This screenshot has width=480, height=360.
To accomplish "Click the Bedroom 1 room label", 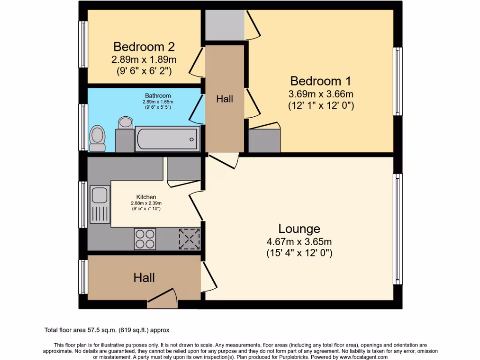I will (x=321, y=81).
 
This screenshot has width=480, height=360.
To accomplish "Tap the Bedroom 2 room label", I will (x=144, y=47).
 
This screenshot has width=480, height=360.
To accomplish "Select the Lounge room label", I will (x=299, y=229).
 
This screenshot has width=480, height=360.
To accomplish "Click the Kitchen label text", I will (x=146, y=197).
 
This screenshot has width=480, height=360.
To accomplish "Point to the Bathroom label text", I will (x=157, y=96).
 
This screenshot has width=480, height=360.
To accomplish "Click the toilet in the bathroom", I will (x=97, y=138).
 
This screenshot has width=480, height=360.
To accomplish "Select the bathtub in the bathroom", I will (x=167, y=139).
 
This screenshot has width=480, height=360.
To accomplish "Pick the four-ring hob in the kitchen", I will (x=145, y=238).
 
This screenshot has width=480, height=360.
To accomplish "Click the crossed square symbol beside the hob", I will (x=189, y=239).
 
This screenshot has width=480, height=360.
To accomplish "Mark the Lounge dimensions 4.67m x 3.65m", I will (x=299, y=242).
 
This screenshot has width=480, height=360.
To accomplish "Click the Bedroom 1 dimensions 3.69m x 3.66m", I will (x=321, y=94).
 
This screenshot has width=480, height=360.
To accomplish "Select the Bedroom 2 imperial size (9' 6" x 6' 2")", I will (x=144, y=71).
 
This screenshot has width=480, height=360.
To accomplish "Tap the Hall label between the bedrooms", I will (x=225, y=99).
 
